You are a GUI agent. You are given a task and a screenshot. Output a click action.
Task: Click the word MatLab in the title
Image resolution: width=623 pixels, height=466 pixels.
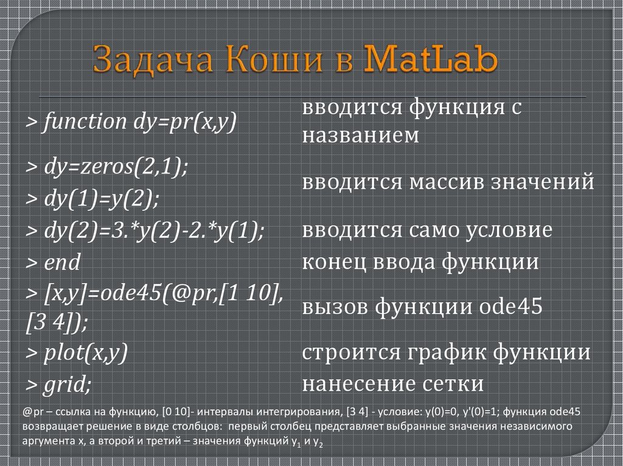430,60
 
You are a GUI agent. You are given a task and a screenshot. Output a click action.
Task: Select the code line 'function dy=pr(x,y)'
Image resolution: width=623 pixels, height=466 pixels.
130,122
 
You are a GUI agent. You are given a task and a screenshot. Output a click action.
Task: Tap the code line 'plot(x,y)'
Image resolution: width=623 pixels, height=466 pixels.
76,353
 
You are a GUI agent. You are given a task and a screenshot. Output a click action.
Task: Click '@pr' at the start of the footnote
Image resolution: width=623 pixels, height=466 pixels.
32,411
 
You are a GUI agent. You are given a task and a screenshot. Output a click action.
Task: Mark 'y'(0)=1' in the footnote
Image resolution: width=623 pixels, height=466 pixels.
476,411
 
